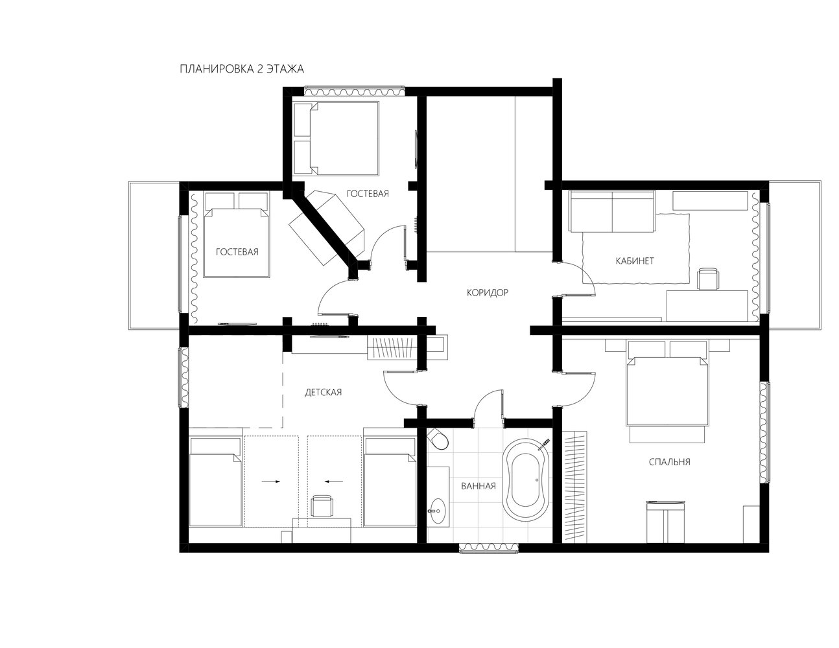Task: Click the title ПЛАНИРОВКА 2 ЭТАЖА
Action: pos(242,69)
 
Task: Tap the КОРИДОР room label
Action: pos(488,293)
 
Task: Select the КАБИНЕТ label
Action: pos(635,260)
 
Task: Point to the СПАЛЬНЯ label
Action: pos(670,461)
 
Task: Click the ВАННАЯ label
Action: pos(479,486)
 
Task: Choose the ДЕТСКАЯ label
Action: pos(323,392)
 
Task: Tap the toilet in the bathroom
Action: pos(438,439)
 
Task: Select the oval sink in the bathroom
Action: pos(437,511)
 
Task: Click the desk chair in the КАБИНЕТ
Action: pos(708,279)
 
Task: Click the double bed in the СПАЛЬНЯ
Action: pos(667,390)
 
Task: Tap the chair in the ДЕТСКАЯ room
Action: pos(322,505)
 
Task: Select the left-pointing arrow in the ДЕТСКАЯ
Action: pos(334,481)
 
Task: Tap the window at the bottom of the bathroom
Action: pos(488,548)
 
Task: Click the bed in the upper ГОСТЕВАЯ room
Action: pos(335,138)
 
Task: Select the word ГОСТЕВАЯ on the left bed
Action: pos(237,252)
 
